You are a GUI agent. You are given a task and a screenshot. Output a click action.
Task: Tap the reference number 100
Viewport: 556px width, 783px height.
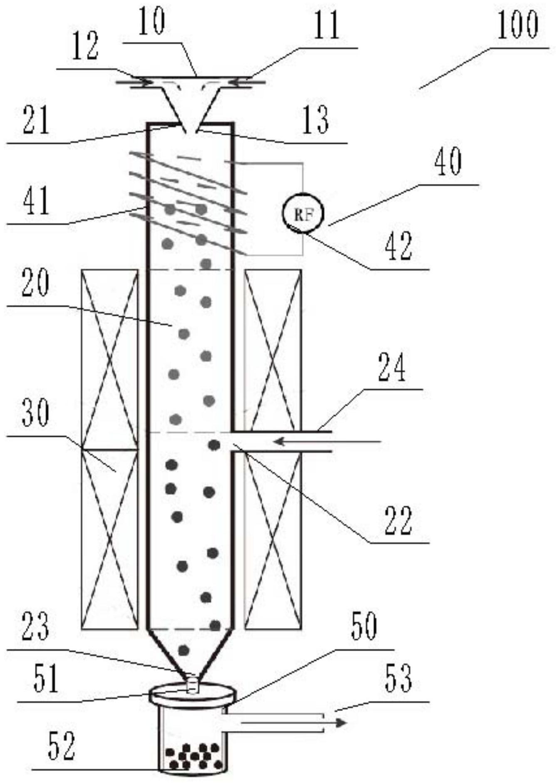click(x=517, y=26)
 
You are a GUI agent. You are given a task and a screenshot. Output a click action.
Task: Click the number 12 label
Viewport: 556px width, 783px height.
click(x=85, y=48)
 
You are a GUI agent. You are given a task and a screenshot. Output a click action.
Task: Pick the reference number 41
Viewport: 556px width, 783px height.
click(x=36, y=201)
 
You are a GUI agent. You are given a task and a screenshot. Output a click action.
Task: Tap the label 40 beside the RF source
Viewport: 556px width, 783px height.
click(x=447, y=162)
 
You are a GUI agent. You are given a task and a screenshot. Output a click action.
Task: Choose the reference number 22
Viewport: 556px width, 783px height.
click(x=398, y=520)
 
